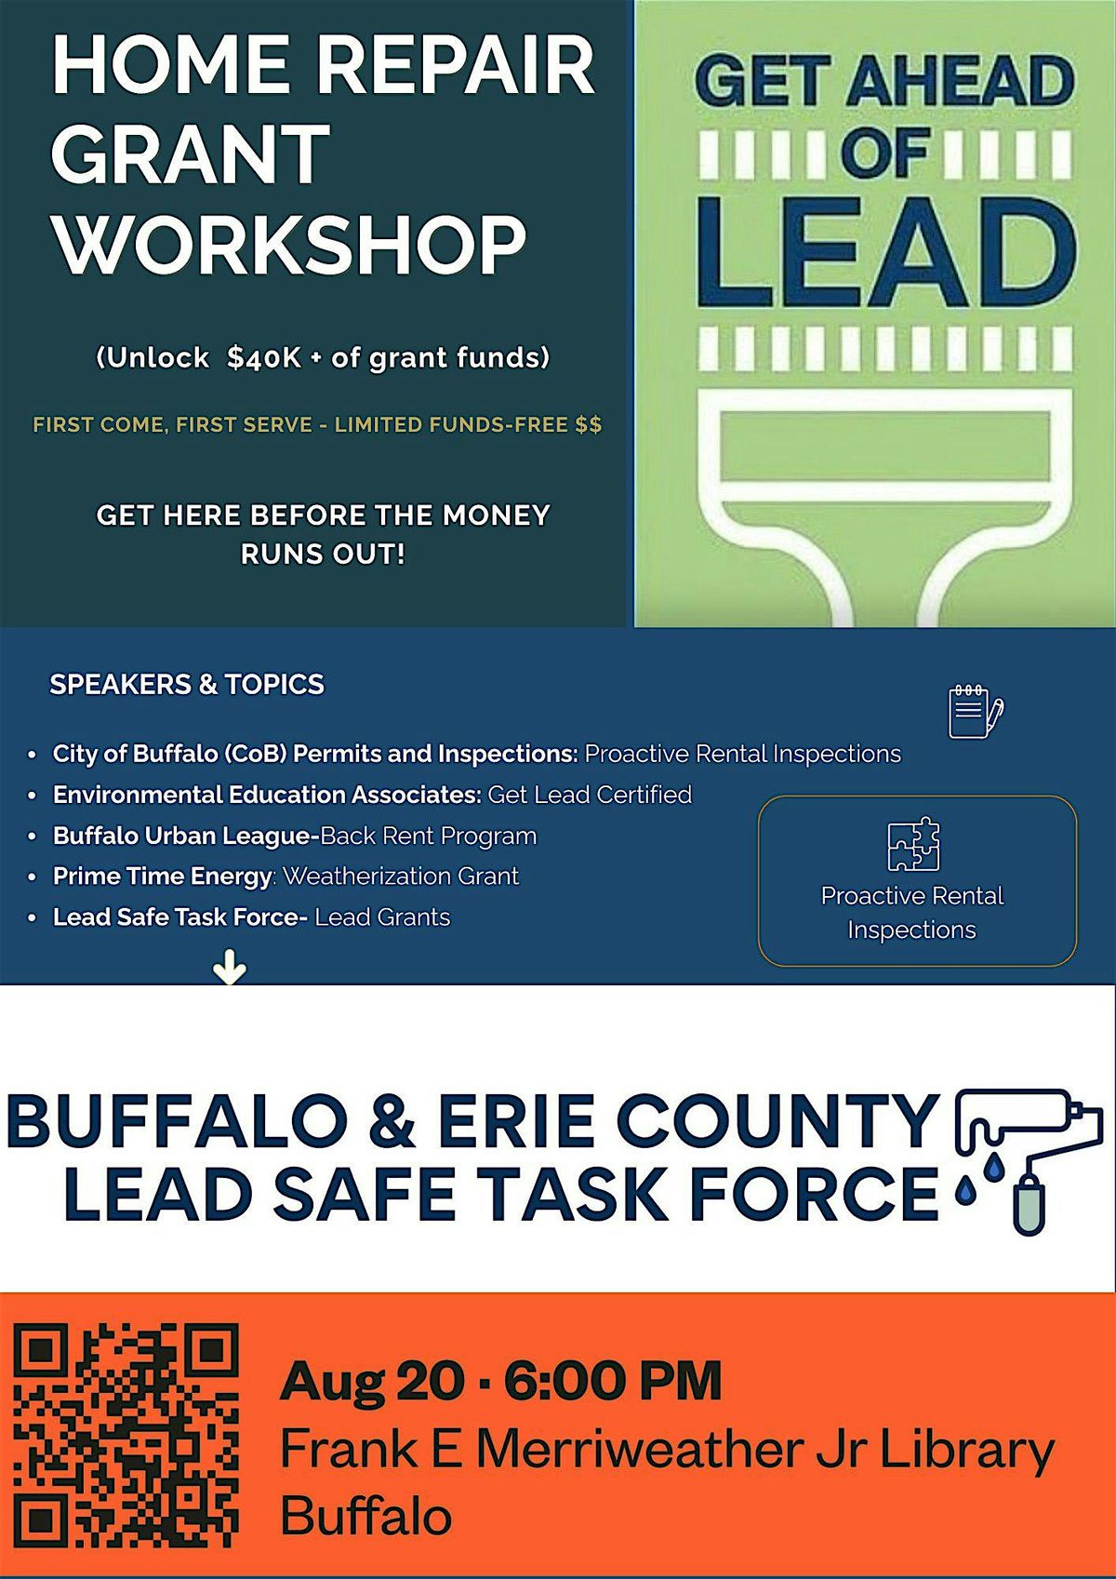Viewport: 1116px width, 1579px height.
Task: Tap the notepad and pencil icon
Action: click(976, 711)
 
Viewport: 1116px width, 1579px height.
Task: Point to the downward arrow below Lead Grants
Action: click(230, 969)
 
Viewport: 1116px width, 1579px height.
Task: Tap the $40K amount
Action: click(263, 359)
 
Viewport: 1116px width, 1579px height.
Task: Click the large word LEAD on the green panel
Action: click(886, 251)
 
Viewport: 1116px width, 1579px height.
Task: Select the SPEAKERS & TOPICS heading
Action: click(187, 685)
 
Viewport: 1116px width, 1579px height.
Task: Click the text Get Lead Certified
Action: click(590, 795)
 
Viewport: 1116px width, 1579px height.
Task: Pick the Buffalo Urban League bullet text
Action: click(295, 836)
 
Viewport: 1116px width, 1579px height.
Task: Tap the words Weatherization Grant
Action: click(400, 876)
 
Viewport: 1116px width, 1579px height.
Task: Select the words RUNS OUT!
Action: click(324, 554)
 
